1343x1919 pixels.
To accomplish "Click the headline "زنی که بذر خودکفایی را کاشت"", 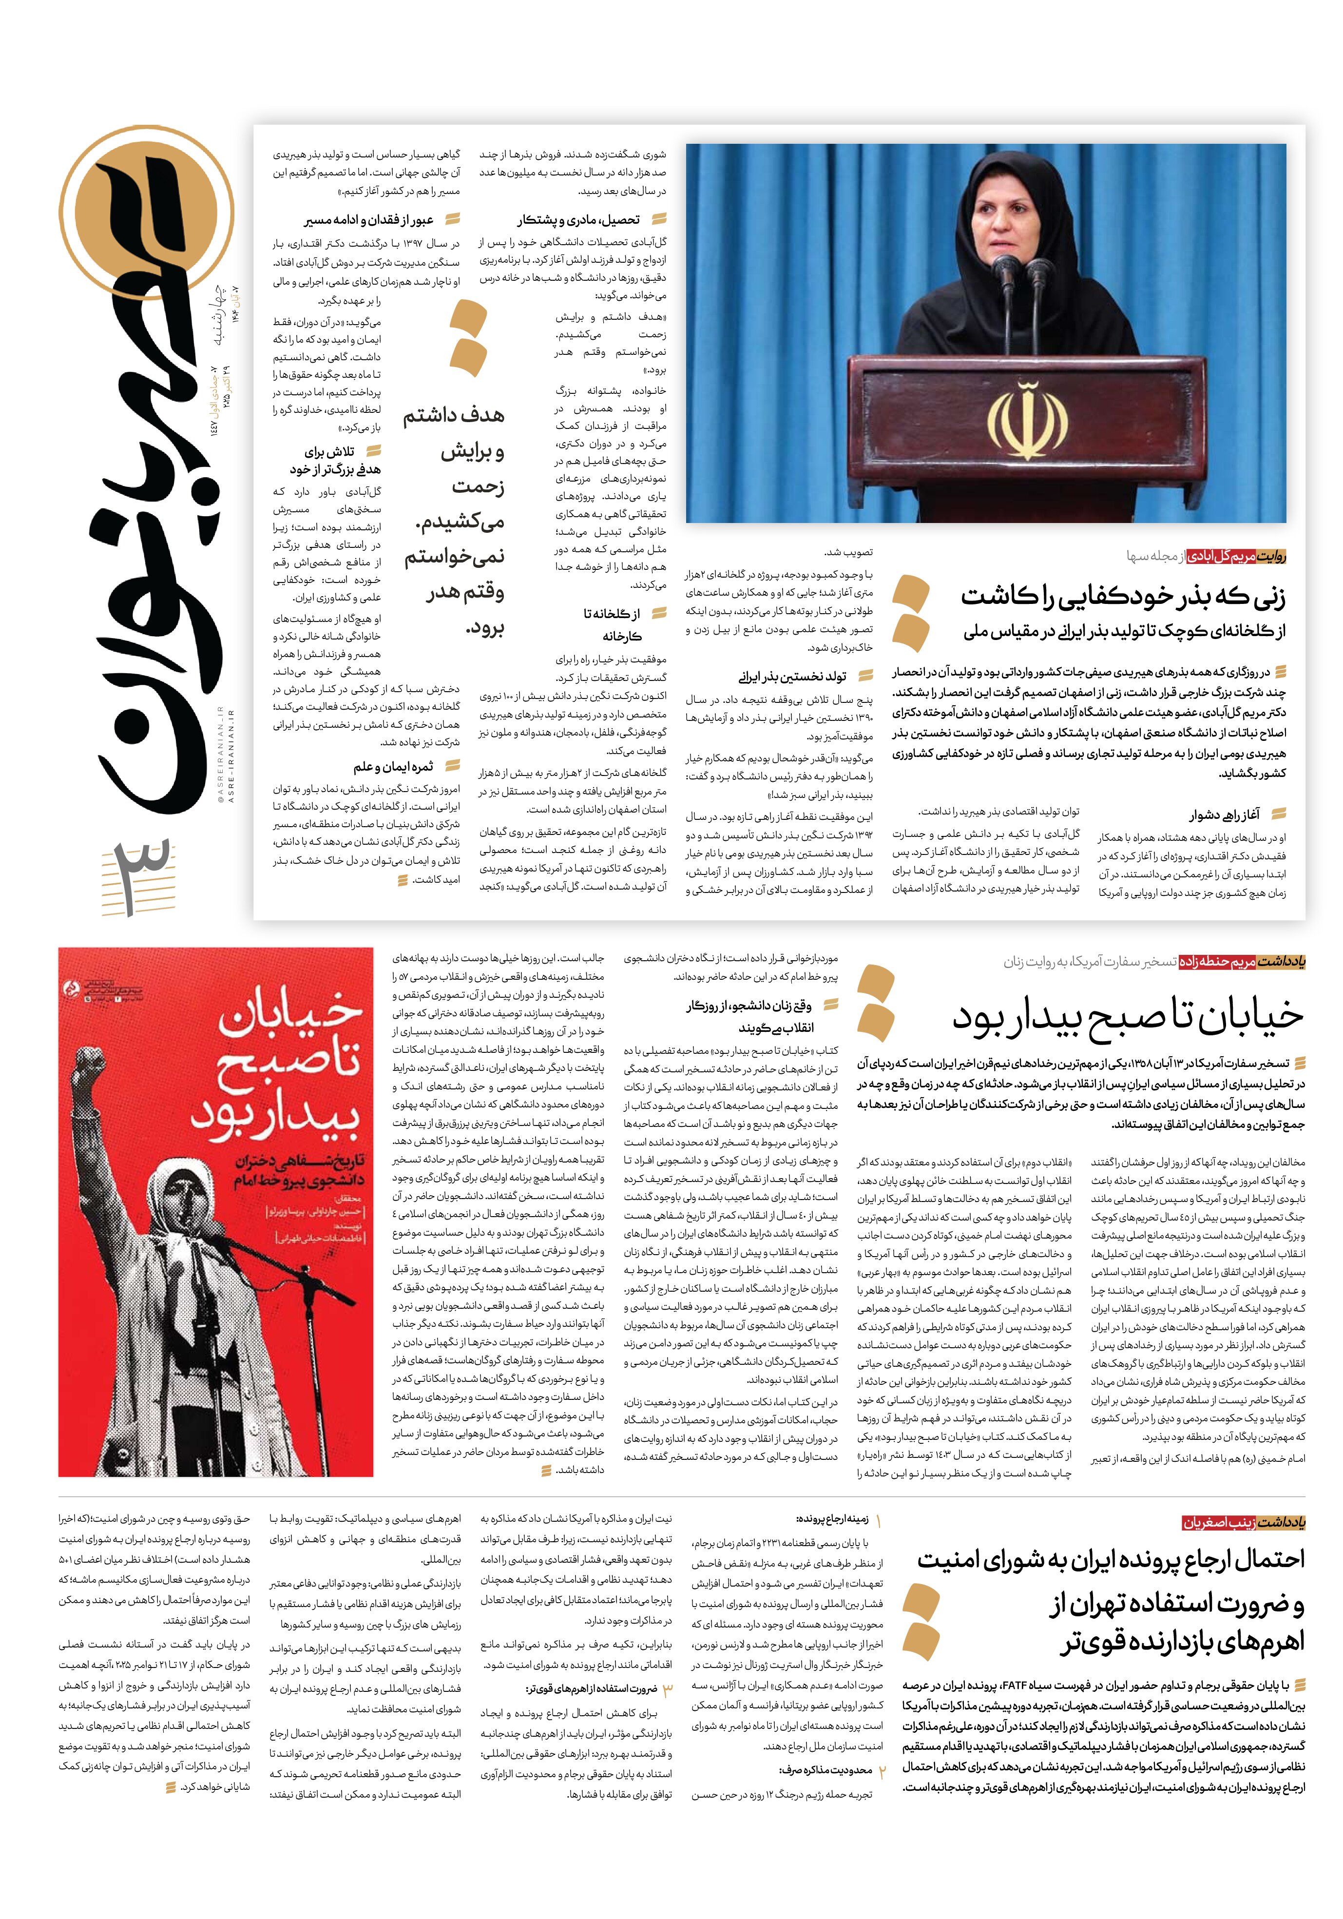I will (1122, 597).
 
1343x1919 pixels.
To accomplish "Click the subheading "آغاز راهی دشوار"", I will (1224, 815).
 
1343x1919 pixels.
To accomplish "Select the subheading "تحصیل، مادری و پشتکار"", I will (577, 220).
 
